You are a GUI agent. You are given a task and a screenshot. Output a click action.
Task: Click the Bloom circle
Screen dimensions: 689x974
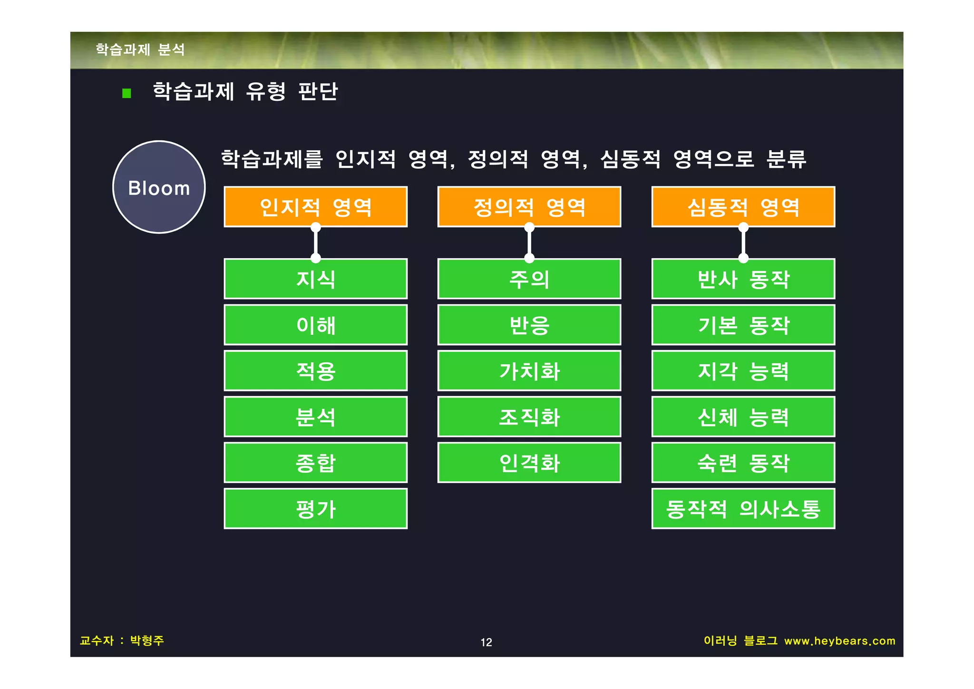[x=159, y=187]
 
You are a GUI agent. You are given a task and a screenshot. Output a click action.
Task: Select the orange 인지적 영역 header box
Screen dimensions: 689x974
[x=315, y=207]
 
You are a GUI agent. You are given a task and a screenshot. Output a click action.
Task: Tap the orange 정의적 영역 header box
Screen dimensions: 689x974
[x=529, y=207]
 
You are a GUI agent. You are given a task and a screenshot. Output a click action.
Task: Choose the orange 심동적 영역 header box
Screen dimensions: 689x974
[x=743, y=207]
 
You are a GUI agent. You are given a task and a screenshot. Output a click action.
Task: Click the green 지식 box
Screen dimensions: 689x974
[x=315, y=279]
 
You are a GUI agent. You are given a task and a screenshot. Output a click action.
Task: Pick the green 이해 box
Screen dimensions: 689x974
[x=315, y=325]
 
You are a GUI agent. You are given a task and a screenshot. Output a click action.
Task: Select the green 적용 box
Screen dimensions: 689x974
[x=315, y=371]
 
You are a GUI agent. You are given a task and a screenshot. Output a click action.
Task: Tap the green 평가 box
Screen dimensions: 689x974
[x=315, y=509]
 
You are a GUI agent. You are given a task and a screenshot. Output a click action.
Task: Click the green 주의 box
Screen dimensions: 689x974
[x=529, y=279]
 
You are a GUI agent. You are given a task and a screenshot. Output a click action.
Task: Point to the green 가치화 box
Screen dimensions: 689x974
[x=529, y=371]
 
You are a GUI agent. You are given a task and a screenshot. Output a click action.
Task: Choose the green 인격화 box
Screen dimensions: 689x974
[x=529, y=463]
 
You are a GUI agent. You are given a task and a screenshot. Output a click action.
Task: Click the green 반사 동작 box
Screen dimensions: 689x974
[x=743, y=279]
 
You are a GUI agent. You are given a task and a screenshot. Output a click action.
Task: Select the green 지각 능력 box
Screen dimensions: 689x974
[x=743, y=371]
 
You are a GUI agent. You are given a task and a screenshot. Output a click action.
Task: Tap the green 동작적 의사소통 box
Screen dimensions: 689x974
[x=743, y=509]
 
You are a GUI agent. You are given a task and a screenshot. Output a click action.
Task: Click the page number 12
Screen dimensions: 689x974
[x=486, y=642]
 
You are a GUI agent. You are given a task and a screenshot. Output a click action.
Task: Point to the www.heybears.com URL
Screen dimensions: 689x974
[x=839, y=641]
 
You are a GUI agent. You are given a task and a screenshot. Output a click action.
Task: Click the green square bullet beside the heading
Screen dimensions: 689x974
[x=127, y=93]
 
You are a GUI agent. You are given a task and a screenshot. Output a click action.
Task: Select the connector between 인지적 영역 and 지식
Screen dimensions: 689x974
[x=315, y=243]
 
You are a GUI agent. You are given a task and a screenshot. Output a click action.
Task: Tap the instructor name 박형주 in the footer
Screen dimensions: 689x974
[x=147, y=640]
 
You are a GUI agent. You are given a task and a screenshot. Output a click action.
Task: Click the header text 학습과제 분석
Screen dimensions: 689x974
[x=140, y=49]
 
